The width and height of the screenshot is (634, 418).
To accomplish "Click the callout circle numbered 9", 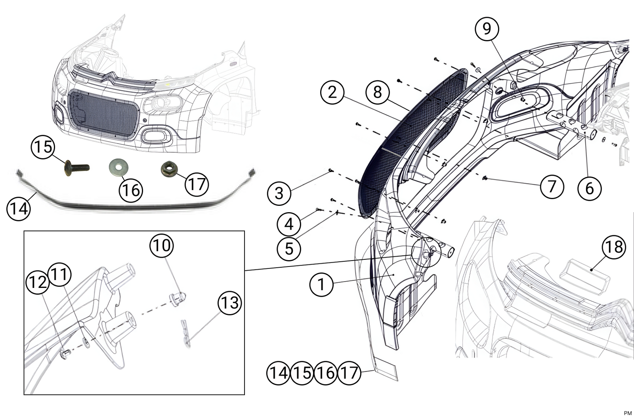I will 487,29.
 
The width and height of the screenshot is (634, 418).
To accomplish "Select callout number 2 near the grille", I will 332,92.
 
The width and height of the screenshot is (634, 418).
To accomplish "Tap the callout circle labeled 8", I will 377,92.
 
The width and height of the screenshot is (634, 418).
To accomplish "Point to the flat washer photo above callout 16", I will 118,167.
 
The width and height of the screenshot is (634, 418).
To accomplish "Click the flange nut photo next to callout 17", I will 169,170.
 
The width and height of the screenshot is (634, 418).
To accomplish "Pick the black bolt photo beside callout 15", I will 76,168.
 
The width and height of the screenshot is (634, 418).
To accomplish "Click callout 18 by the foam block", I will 614,247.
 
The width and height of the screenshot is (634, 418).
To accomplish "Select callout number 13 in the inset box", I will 230,303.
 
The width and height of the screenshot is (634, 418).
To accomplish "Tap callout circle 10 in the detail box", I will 161,245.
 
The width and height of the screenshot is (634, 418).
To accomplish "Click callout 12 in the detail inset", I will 37,282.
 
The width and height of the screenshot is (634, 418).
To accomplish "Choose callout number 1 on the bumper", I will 321,284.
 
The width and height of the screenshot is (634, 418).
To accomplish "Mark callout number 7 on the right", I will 552,186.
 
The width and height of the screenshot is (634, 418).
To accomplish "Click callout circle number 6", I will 589,188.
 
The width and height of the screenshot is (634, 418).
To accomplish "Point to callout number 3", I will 279,194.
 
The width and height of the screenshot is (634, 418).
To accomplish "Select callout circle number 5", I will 289,249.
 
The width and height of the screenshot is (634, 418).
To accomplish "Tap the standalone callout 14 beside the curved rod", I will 18,208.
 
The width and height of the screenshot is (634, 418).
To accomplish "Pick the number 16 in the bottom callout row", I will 325,373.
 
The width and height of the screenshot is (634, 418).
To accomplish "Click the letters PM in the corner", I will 628,413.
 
